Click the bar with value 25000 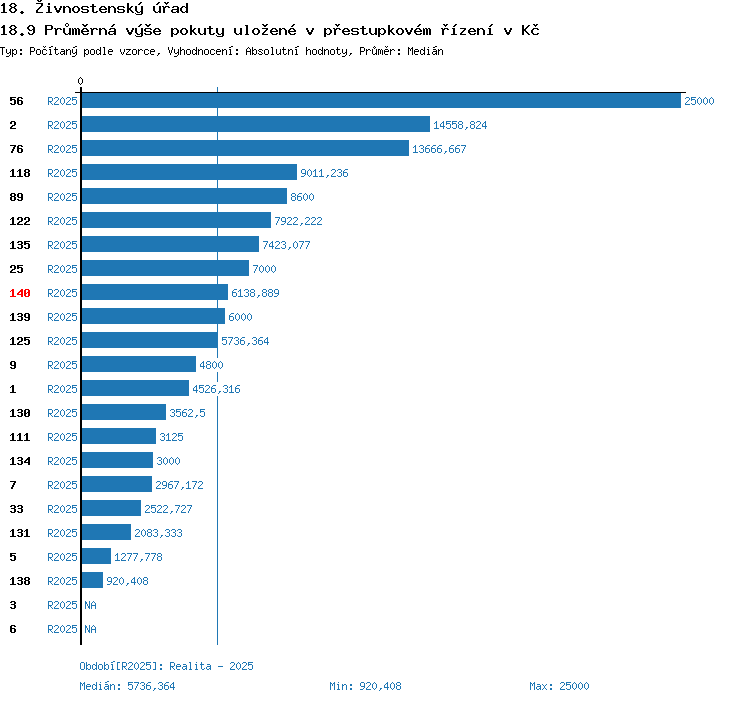(381, 101)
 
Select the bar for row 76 (246, 149)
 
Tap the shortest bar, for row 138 (92, 581)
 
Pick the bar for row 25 (165, 269)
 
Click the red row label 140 (20, 293)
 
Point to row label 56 (16, 101)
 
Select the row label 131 (20, 533)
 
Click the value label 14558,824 (460, 125)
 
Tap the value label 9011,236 (324, 173)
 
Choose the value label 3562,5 (188, 413)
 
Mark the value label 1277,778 (138, 557)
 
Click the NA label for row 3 (90, 605)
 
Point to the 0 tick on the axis (81, 81)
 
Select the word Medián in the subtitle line (425, 51)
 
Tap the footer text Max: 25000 (559, 686)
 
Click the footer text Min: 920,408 (365, 686)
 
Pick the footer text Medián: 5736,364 (127, 686)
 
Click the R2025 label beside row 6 (62, 629)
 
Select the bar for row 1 (135, 389)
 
